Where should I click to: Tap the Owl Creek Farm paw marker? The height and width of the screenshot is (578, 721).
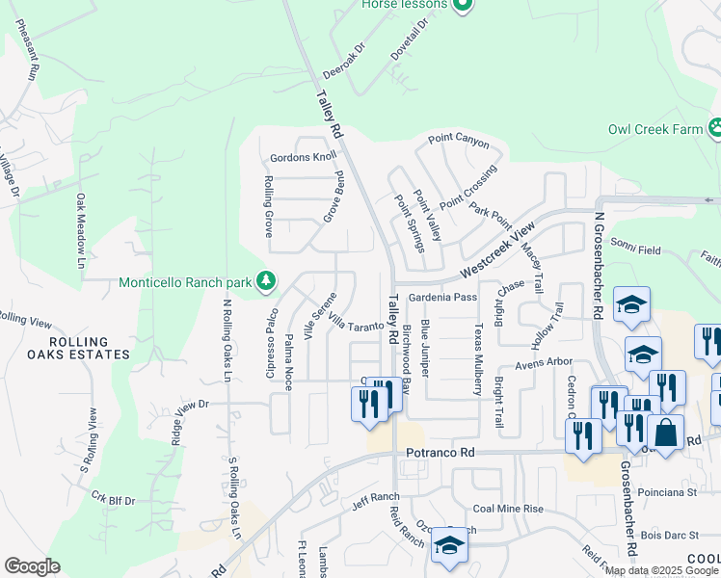(x=715, y=128)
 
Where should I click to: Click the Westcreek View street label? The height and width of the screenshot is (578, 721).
(x=497, y=248)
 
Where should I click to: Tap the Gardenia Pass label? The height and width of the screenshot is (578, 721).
(x=442, y=298)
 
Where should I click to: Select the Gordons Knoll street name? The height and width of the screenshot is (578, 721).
(x=304, y=157)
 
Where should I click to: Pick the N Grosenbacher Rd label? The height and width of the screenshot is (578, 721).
(x=598, y=268)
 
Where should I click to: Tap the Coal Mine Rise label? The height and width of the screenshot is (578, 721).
(x=508, y=509)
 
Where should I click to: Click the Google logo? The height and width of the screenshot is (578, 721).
(x=32, y=566)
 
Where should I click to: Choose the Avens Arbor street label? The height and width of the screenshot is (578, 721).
(x=544, y=363)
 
